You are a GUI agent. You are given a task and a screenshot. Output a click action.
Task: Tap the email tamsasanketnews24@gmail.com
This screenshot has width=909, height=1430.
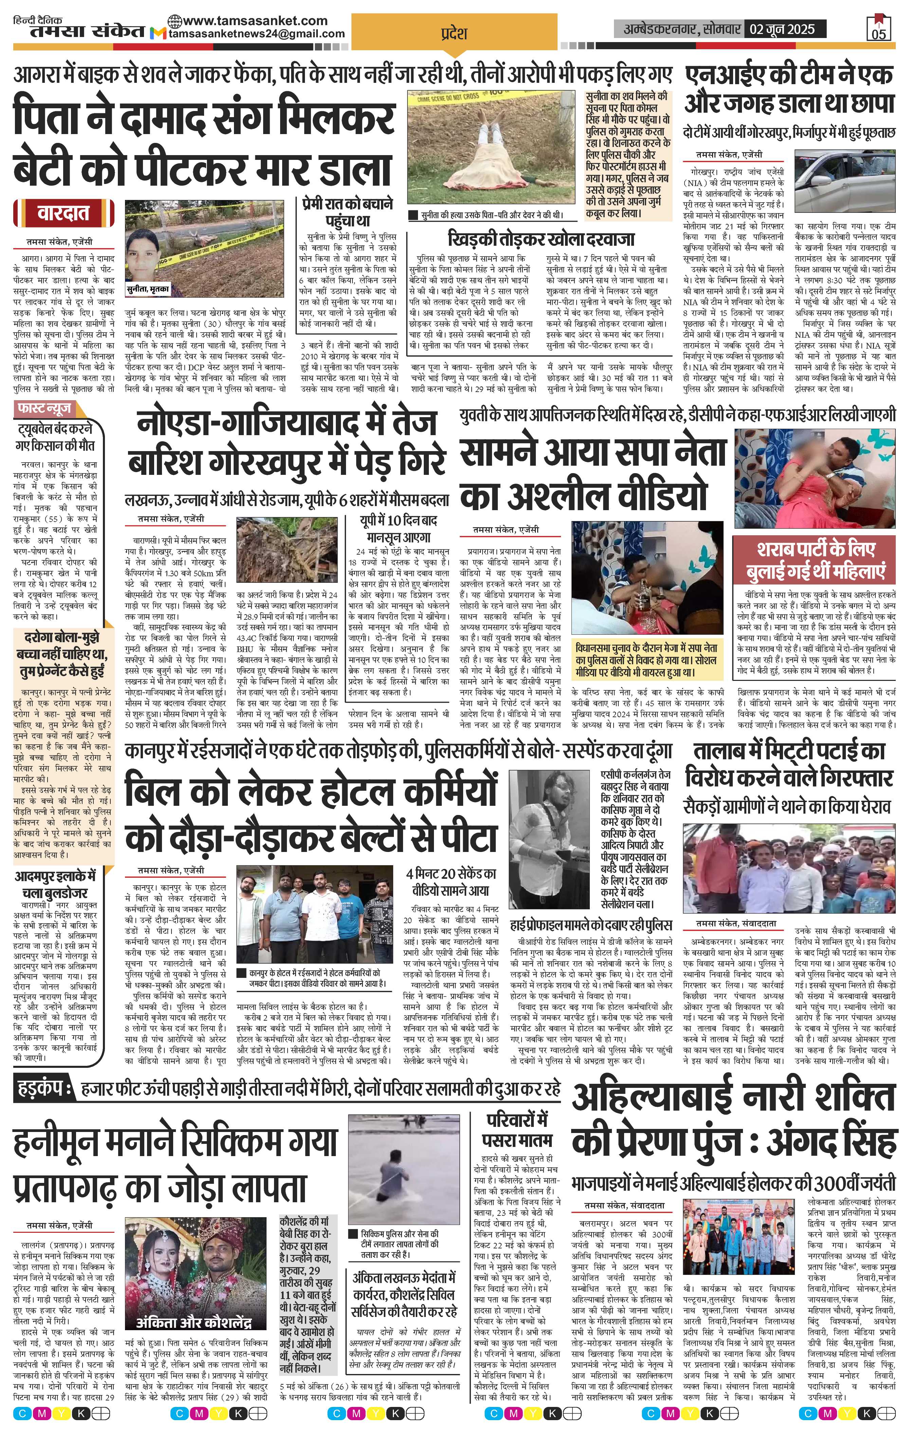pyautogui.click(x=257, y=34)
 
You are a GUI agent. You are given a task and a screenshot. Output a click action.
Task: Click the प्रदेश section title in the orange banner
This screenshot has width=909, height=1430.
pyautogui.click(x=454, y=33)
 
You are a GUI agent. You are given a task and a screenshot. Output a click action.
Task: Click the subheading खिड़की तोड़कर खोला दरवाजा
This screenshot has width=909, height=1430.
pyautogui.click(x=541, y=238)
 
